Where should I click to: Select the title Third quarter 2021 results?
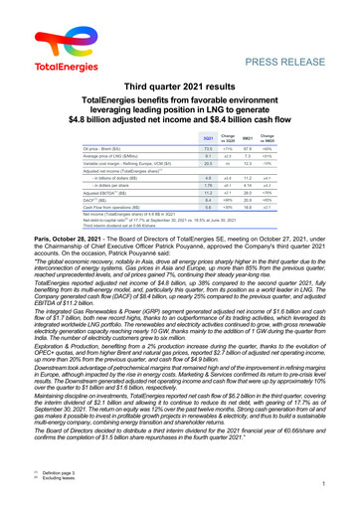click(180, 85)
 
